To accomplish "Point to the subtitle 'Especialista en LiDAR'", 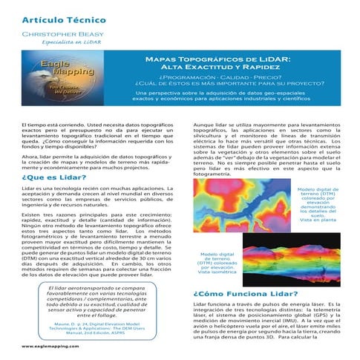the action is [72, 44].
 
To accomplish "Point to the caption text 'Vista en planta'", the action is [318, 221].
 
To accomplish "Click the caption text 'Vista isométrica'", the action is [215, 272].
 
